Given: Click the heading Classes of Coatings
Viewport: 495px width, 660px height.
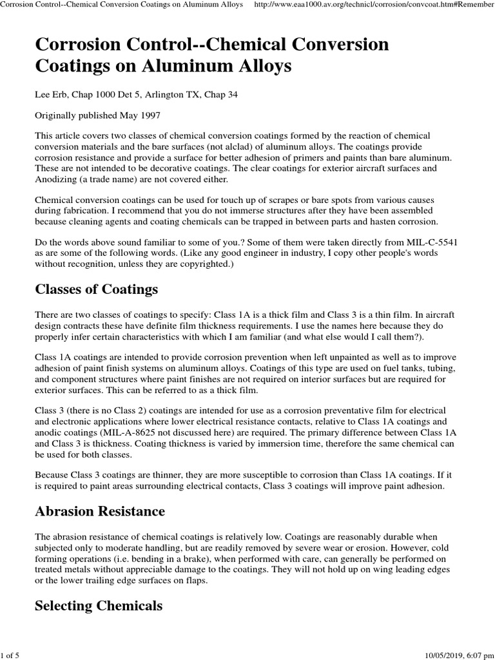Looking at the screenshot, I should (x=96, y=289).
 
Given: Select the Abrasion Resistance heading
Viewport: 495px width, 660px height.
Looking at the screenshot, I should (x=99, y=511).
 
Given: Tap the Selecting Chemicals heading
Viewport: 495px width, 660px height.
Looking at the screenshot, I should (x=98, y=605).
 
